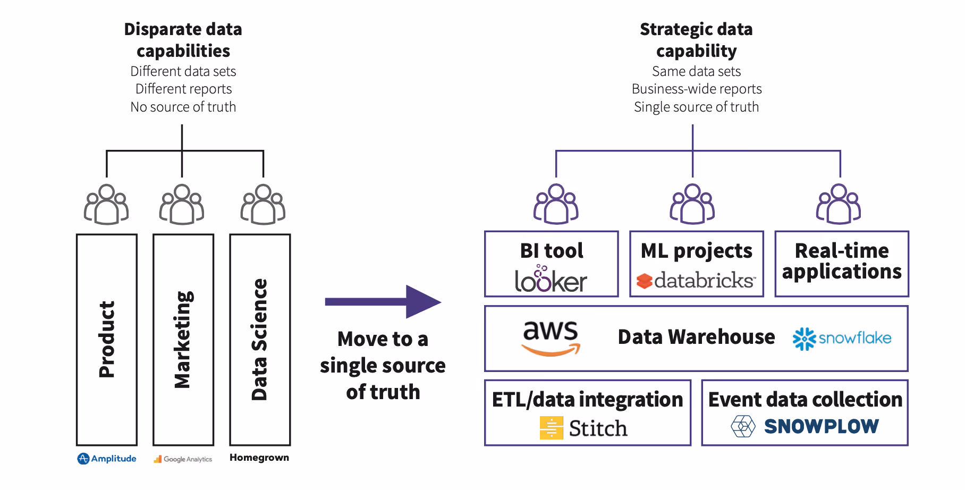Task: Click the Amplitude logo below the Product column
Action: (x=107, y=459)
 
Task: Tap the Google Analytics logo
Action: (x=183, y=459)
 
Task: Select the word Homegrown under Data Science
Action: (x=259, y=458)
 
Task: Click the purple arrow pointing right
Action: (x=383, y=302)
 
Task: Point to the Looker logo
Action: (x=551, y=278)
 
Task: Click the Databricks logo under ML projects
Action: (x=696, y=280)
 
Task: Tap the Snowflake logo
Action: (x=842, y=339)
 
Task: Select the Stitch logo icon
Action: (x=551, y=428)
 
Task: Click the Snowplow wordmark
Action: (x=822, y=426)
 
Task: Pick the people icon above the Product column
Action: (x=106, y=205)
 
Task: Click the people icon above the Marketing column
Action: (x=182, y=205)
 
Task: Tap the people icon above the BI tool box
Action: (x=556, y=204)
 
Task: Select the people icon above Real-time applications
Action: (x=839, y=204)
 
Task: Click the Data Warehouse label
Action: (x=696, y=337)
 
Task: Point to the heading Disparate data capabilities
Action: (x=183, y=40)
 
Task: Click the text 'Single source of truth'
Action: (x=696, y=107)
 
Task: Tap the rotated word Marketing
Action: (x=183, y=340)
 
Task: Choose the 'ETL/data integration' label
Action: (x=587, y=400)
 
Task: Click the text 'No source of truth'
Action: (x=183, y=107)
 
